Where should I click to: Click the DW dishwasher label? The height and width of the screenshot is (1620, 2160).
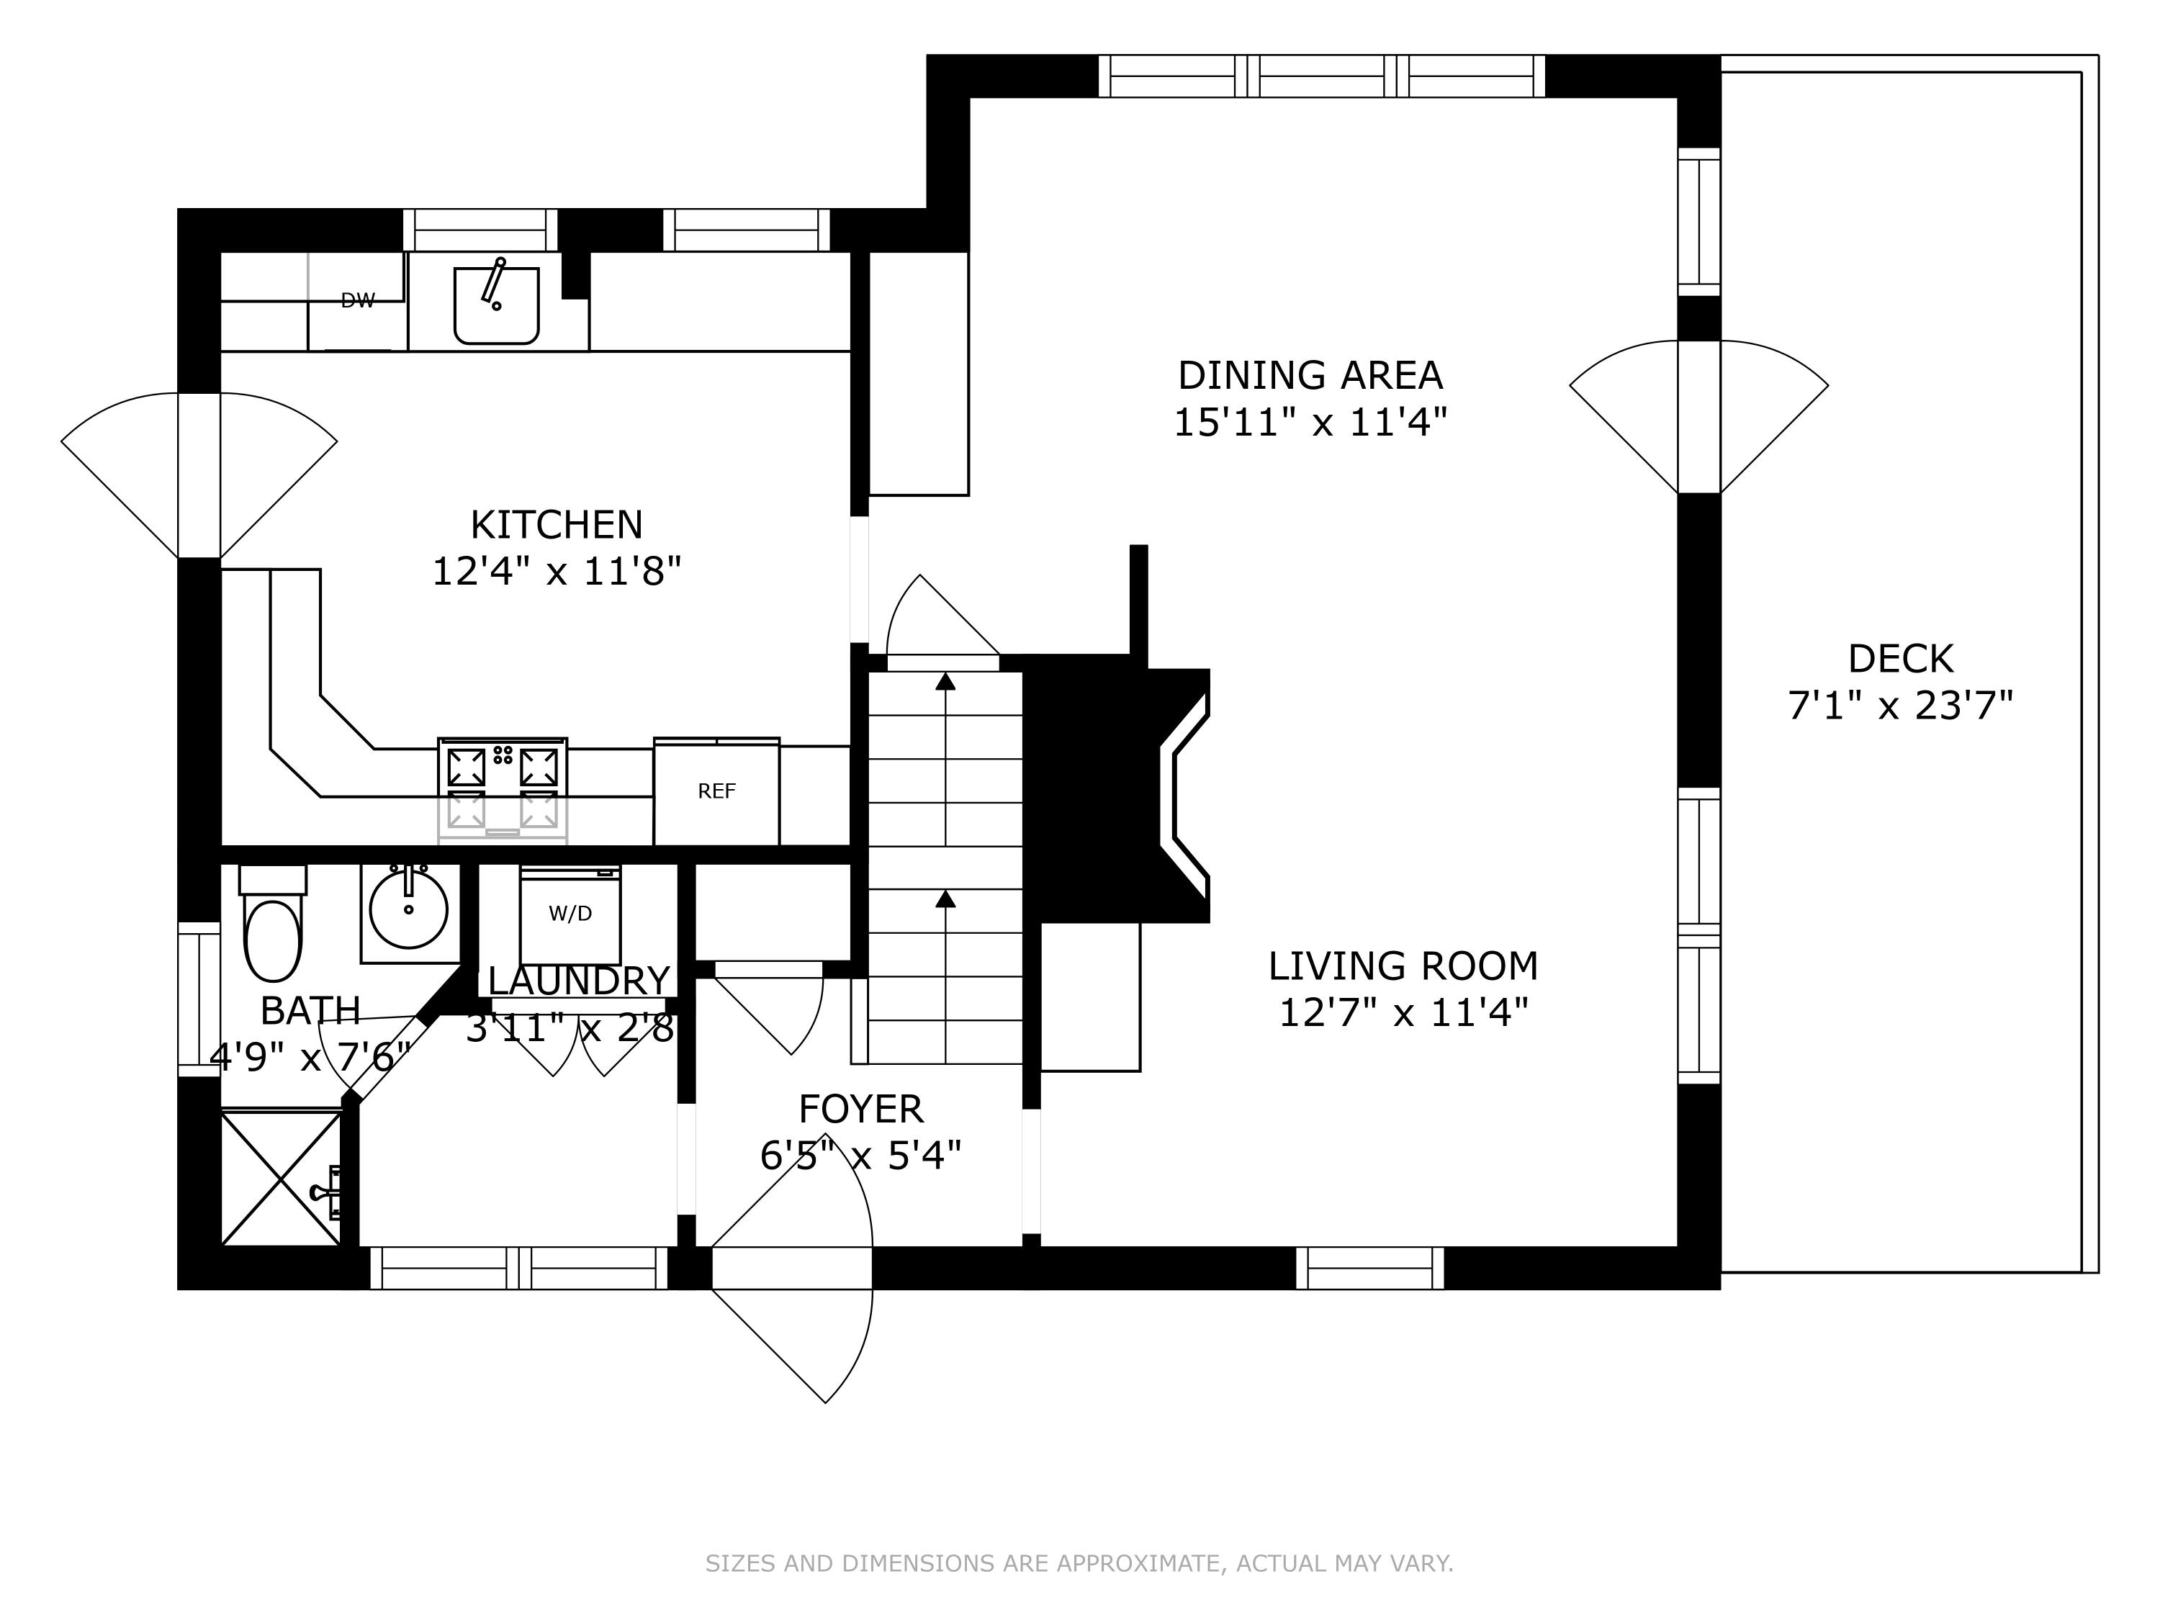tap(357, 301)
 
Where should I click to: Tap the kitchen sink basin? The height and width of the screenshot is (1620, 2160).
tap(496, 306)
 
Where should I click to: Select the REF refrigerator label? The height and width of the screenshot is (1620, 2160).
tap(716, 791)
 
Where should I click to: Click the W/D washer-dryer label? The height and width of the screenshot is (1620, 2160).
tap(570, 914)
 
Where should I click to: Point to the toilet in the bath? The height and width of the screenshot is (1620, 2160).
tap(274, 923)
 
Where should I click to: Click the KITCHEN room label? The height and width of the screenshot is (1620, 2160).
tap(557, 526)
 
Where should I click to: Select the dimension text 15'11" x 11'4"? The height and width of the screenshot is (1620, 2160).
tap(1310, 423)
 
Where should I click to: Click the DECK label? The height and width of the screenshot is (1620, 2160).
tap(1900, 659)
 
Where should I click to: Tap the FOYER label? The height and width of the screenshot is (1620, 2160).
tap(860, 1110)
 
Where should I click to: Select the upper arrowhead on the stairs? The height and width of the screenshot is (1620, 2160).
tap(945, 680)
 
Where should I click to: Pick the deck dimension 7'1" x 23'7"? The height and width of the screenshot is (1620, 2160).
tap(1900, 705)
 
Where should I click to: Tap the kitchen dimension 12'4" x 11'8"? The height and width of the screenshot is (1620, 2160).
tap(557, 571)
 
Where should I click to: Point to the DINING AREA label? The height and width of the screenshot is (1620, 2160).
tap(1310, 376)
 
